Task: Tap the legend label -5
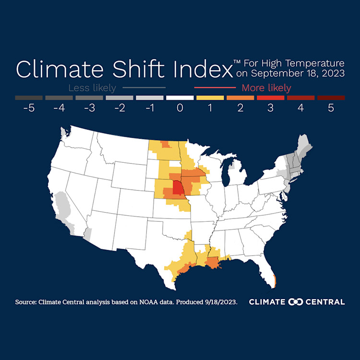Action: pos(29,108)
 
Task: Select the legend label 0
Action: pos(180,108)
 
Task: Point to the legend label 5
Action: pos(331,108)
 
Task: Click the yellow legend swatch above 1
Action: pos(210,97)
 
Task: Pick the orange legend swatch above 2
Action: pos(240,97)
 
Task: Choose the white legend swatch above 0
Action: pos(180,97)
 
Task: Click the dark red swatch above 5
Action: pos(331,97)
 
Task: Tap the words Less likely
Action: pos(92,88)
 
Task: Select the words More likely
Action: pos(266,88)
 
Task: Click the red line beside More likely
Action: pos(215,88)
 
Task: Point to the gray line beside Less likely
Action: pos(144,88)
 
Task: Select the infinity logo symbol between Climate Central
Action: pos(295,302)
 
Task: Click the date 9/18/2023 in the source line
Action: pos(220,302)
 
